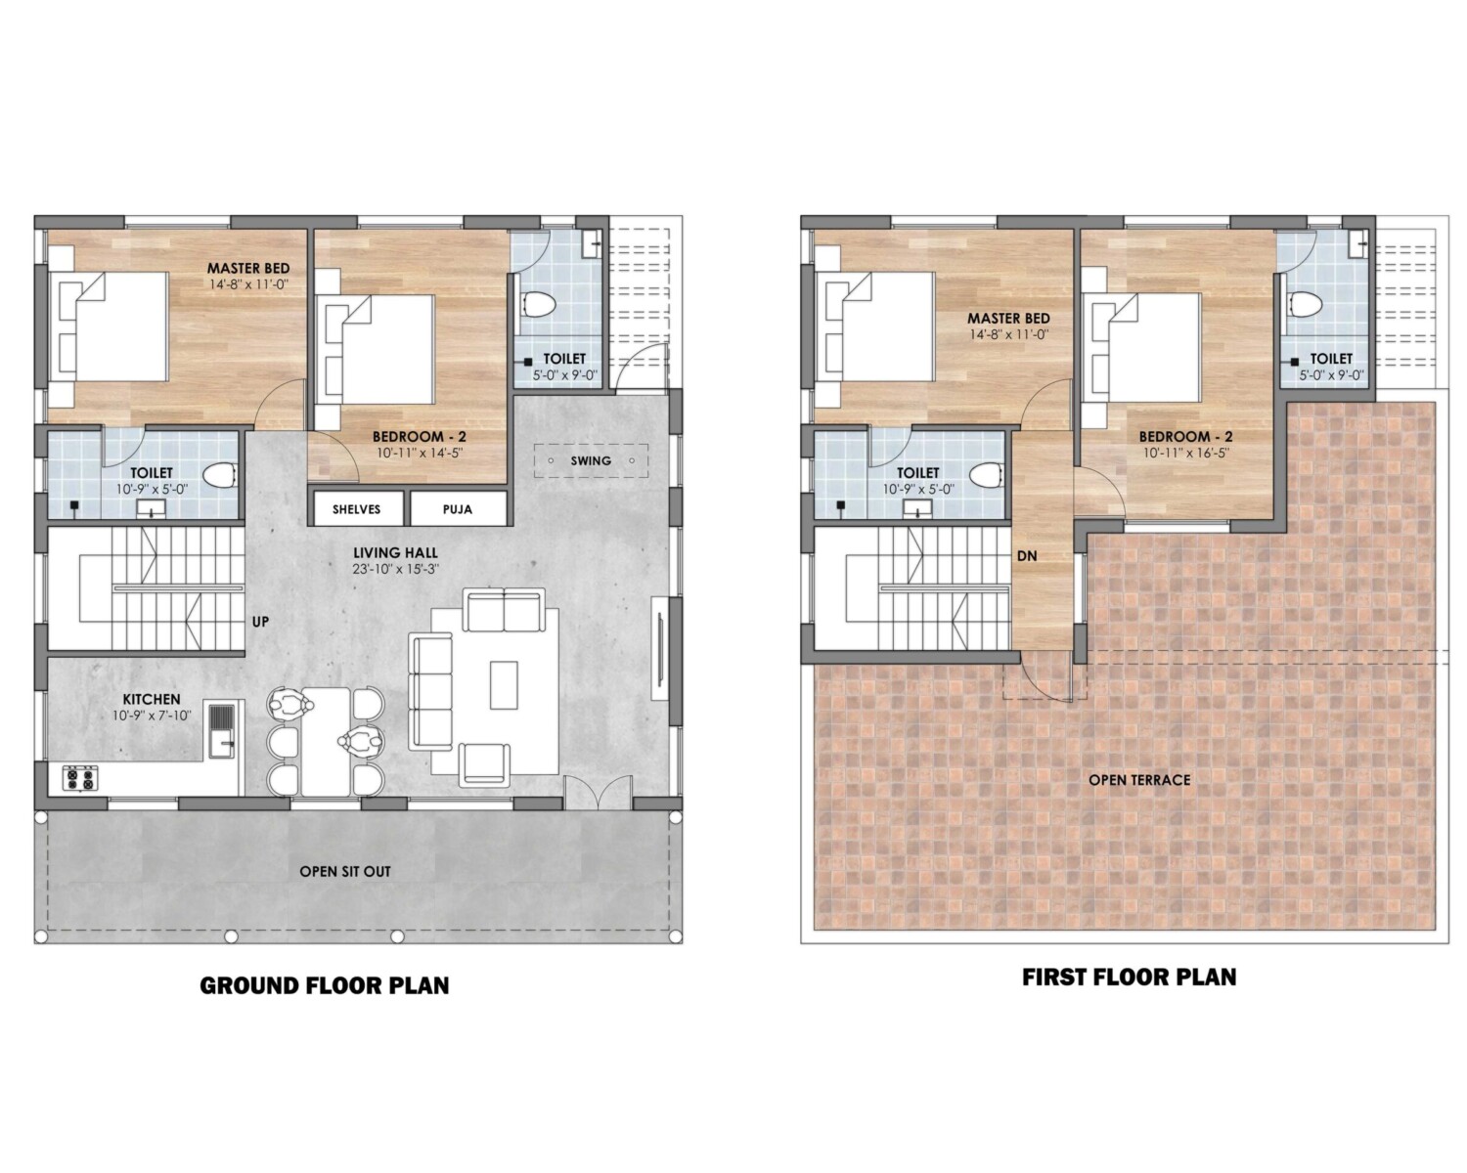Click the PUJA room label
[457, 509]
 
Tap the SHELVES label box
[357, 509]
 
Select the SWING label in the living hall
[591, 460]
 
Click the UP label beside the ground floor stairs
[260, 622]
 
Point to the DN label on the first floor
[1027, 556]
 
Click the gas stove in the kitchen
[80, 778]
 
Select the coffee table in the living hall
[504, 685]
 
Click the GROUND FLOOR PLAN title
[325, 985]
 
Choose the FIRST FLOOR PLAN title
[1129, 977]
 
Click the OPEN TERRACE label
[1139, 780]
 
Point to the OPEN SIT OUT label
[345, 872]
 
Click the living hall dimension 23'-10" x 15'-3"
[395, 569]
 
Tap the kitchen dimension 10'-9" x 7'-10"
[152, 716]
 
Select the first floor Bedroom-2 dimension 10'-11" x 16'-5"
[1186, 454]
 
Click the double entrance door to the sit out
[599, 792]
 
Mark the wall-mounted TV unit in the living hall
[660, 648]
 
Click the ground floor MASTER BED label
[248, 269]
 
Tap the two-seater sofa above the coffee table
[504, 611]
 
